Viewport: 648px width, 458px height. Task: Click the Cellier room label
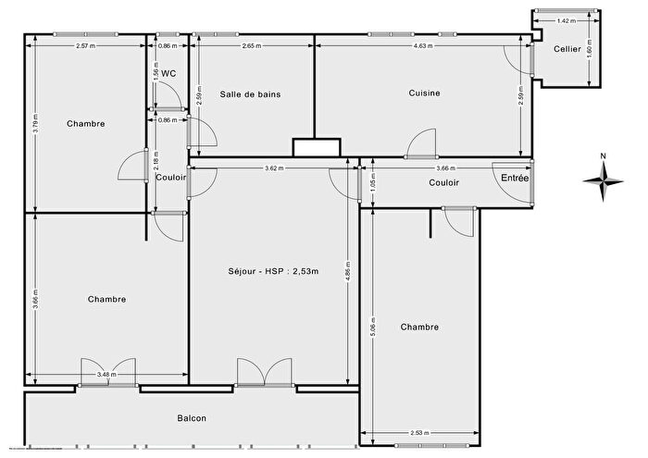[567, 50]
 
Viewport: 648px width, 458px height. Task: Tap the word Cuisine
[424, 93]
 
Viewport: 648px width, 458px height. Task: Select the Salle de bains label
[250, 94]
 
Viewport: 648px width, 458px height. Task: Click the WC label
[168, 72]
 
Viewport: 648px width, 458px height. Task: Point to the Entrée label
[515, 178]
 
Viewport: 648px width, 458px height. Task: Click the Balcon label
[192, 418]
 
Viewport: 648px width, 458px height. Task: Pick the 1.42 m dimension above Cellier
[566, 20]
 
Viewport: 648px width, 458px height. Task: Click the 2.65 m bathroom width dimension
[250, 45]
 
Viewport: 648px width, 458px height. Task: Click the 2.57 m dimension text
[86, 45]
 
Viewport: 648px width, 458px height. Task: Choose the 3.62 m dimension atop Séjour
[274, 168]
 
